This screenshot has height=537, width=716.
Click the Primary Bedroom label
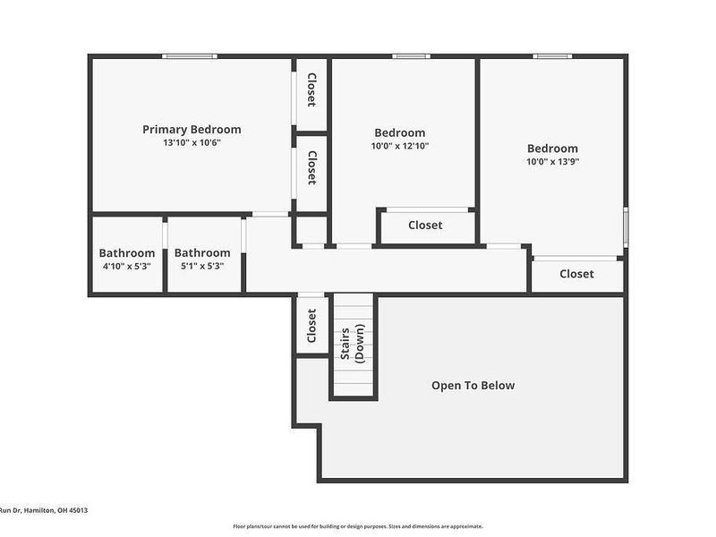(x=192, y=130)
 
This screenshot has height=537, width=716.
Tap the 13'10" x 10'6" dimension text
(x=192, y=143)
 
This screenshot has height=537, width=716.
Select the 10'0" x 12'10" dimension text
(x=400, y=146)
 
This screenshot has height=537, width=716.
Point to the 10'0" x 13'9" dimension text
(x=552, y=162)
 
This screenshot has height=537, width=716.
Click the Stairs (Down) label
(x=353, y=344)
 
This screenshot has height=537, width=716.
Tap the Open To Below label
(x=473, y=386)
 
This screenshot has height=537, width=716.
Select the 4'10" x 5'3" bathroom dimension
(x=126, y=266)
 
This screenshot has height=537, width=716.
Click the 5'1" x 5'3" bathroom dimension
(x=202, y=266)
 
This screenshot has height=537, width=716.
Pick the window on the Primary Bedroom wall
(x=190, y=56)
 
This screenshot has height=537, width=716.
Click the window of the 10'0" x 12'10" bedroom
(x=411, y=56)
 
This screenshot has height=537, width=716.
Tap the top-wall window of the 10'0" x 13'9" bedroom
(x=552, y=56)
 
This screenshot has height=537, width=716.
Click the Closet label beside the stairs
(x=311, y=326)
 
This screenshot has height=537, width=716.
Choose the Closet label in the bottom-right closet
(x=576, y=274)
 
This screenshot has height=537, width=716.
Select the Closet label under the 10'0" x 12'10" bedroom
(x=425, y=226)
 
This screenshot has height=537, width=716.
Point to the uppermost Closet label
(x=311, y=90)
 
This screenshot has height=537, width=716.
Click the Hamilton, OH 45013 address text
(x=55, y=510)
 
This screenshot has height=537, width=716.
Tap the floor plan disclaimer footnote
(x=358, y=526)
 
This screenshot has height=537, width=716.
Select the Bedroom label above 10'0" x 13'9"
(x=552, y=149)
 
